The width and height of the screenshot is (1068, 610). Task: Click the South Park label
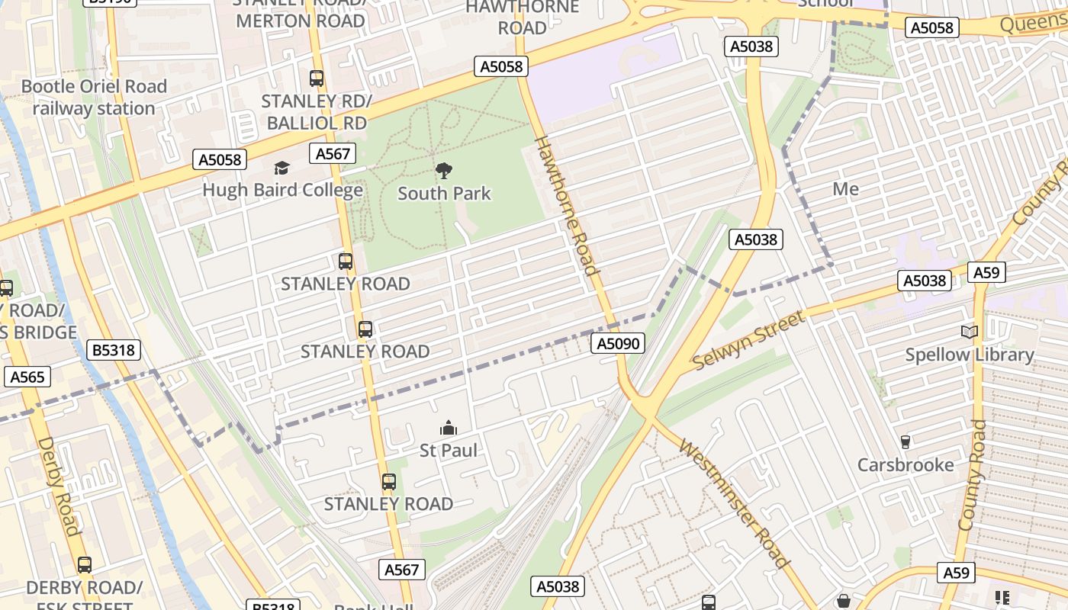(444, 194)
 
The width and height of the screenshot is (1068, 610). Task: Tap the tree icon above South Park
(443, 171)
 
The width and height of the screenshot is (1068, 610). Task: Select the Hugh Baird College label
(282, 190)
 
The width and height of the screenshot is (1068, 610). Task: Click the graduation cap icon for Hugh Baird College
(282, 168)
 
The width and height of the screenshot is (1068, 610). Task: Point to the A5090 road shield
(618, 344)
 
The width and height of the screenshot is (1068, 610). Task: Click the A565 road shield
(28, 377)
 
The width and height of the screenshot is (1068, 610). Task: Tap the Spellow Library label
(969, 355)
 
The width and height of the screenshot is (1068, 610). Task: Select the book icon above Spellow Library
(969, 332)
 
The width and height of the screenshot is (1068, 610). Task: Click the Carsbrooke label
(906, 465)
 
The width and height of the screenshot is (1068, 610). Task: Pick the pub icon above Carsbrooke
(906, 442)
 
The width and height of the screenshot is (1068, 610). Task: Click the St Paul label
(449, 451)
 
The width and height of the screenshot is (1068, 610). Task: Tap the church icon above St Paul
(449, 428)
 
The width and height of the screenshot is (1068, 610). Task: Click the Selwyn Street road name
(748, 341)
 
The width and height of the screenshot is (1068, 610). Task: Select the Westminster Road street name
(734, 504)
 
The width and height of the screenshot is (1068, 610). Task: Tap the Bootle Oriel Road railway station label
(94, 98)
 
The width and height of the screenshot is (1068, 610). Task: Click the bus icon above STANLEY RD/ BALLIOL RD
(316, 79)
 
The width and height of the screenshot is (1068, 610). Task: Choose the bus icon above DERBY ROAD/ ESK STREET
(84, 565)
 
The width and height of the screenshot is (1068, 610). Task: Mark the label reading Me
(845, 189)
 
